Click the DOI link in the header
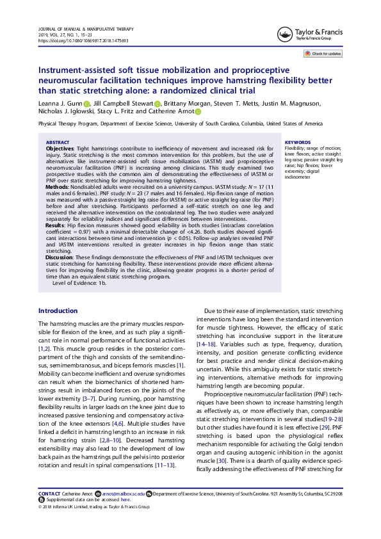[83, 40]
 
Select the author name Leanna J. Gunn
[60, 104]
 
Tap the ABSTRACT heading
[58, 143]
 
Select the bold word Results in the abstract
[55, 226]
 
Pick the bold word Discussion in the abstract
[60, 257]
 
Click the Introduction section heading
[58, 311]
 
